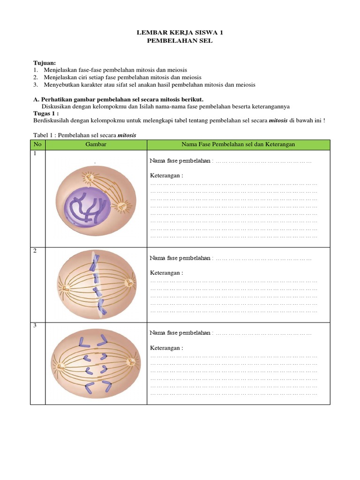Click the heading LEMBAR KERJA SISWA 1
tap(180, 33)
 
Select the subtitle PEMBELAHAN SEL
tap(180, 41)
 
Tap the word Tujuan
tap(45, 63)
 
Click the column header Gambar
tap(96, 144)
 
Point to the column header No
tap(37, 144)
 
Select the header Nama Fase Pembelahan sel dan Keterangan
tap(238, 144)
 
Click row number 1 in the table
tap(35, 154)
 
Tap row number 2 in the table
tap(35, 251)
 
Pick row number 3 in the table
tap(35, 326)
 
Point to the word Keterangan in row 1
tap(166, 176)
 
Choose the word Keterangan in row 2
tap(166, 272)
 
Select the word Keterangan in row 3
tap(166, 348)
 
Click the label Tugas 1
tap(46, 113)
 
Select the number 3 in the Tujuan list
tap(35, 84)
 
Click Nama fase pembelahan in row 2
tap(180, 258)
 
